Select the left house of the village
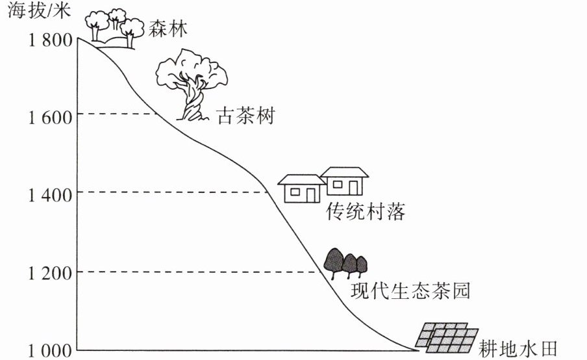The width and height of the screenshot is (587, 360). pyautogui.click(x=301, y=188)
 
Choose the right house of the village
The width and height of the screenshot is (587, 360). pyautogui.click(x=344, y=181)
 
